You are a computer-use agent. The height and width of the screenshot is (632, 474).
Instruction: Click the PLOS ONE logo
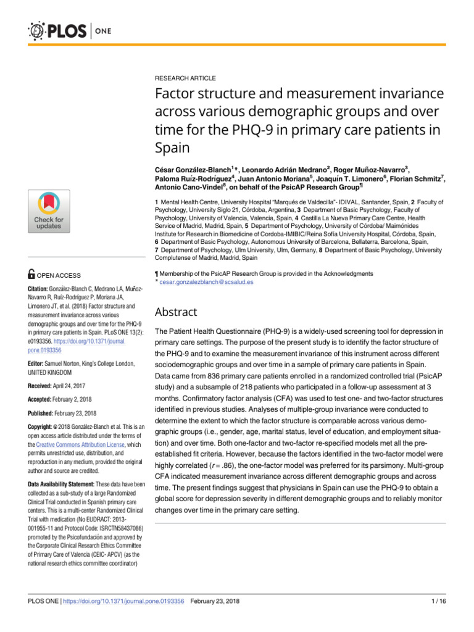tap(65, 31)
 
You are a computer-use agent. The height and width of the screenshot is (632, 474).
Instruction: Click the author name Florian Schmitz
tap(417, 179)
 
